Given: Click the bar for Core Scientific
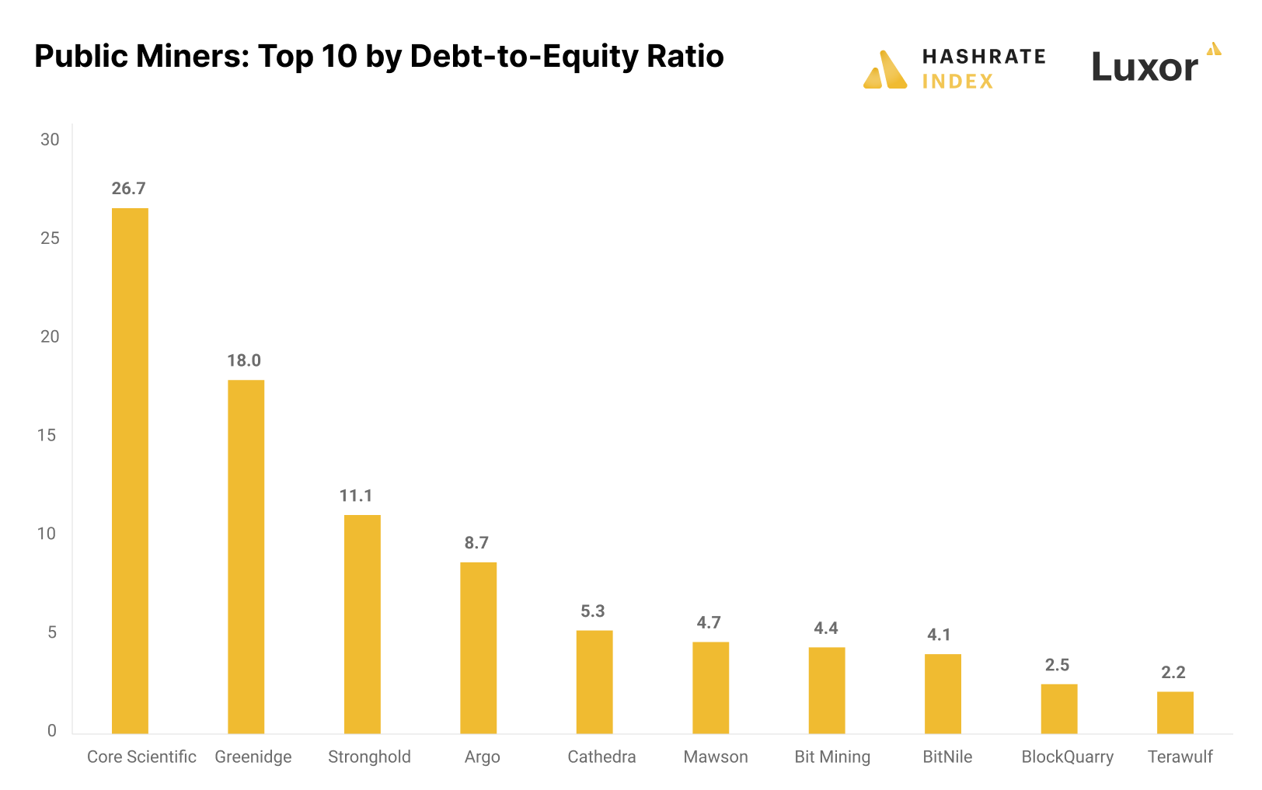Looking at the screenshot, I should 130,471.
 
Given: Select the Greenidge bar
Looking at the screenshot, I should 246,556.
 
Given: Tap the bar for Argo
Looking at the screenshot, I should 478,648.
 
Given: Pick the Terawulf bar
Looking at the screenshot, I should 1175,712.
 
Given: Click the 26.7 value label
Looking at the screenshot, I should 128,189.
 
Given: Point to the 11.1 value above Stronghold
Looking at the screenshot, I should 356,496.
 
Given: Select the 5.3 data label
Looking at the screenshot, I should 593,611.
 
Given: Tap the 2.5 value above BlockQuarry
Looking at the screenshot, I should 1057,665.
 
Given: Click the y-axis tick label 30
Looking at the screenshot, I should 50,140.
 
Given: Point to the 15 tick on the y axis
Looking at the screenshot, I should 47,435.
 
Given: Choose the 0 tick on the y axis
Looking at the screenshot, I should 52,731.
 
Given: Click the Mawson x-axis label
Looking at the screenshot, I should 716,757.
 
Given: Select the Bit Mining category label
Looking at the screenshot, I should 832,757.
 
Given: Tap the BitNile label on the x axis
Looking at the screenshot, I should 947,757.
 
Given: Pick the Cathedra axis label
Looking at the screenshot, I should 601,757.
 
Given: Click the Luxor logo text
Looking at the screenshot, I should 1145,68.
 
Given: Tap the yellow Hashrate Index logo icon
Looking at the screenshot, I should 885,70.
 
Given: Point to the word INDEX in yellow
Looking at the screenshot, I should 957,82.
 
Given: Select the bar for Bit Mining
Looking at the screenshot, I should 827,691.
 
